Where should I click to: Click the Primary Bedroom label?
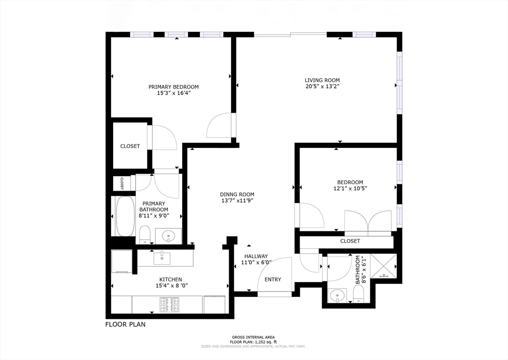tap(173, 87)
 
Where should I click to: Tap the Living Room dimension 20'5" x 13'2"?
tap(322, 86)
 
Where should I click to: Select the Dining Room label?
tap(237, 195)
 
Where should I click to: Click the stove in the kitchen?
tap(169, 304)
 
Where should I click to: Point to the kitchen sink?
tap(162, 258)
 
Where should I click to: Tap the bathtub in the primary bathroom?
tap(125, 216)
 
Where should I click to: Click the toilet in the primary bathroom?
tap(145, 234)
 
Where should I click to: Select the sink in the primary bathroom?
tap(168, 235)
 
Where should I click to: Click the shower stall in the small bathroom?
tap(384, 267)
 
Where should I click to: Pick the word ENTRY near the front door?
tap(272, 280)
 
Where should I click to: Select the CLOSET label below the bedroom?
tap(350, 241)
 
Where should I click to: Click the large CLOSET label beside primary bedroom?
tap(130, 146)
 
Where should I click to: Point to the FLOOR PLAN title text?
tap(125, 325)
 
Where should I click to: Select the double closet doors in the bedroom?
tap(367, 221)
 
